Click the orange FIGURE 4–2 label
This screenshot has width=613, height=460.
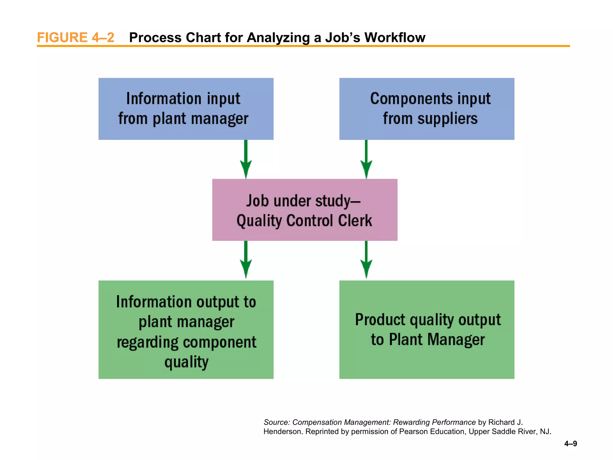(75, 38)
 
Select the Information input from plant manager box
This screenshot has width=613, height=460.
(186, 109)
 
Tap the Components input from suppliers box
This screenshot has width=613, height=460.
(427, 109)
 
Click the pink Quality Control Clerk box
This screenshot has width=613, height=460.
(304, 210)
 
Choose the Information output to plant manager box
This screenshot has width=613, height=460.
(186, 329)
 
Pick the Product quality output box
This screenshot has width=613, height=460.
(427, 329)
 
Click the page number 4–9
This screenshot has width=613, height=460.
(570, 444)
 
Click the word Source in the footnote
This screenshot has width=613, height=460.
(276, 422)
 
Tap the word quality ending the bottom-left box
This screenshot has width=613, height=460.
(186, 362)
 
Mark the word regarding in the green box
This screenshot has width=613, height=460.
(147, 342)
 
